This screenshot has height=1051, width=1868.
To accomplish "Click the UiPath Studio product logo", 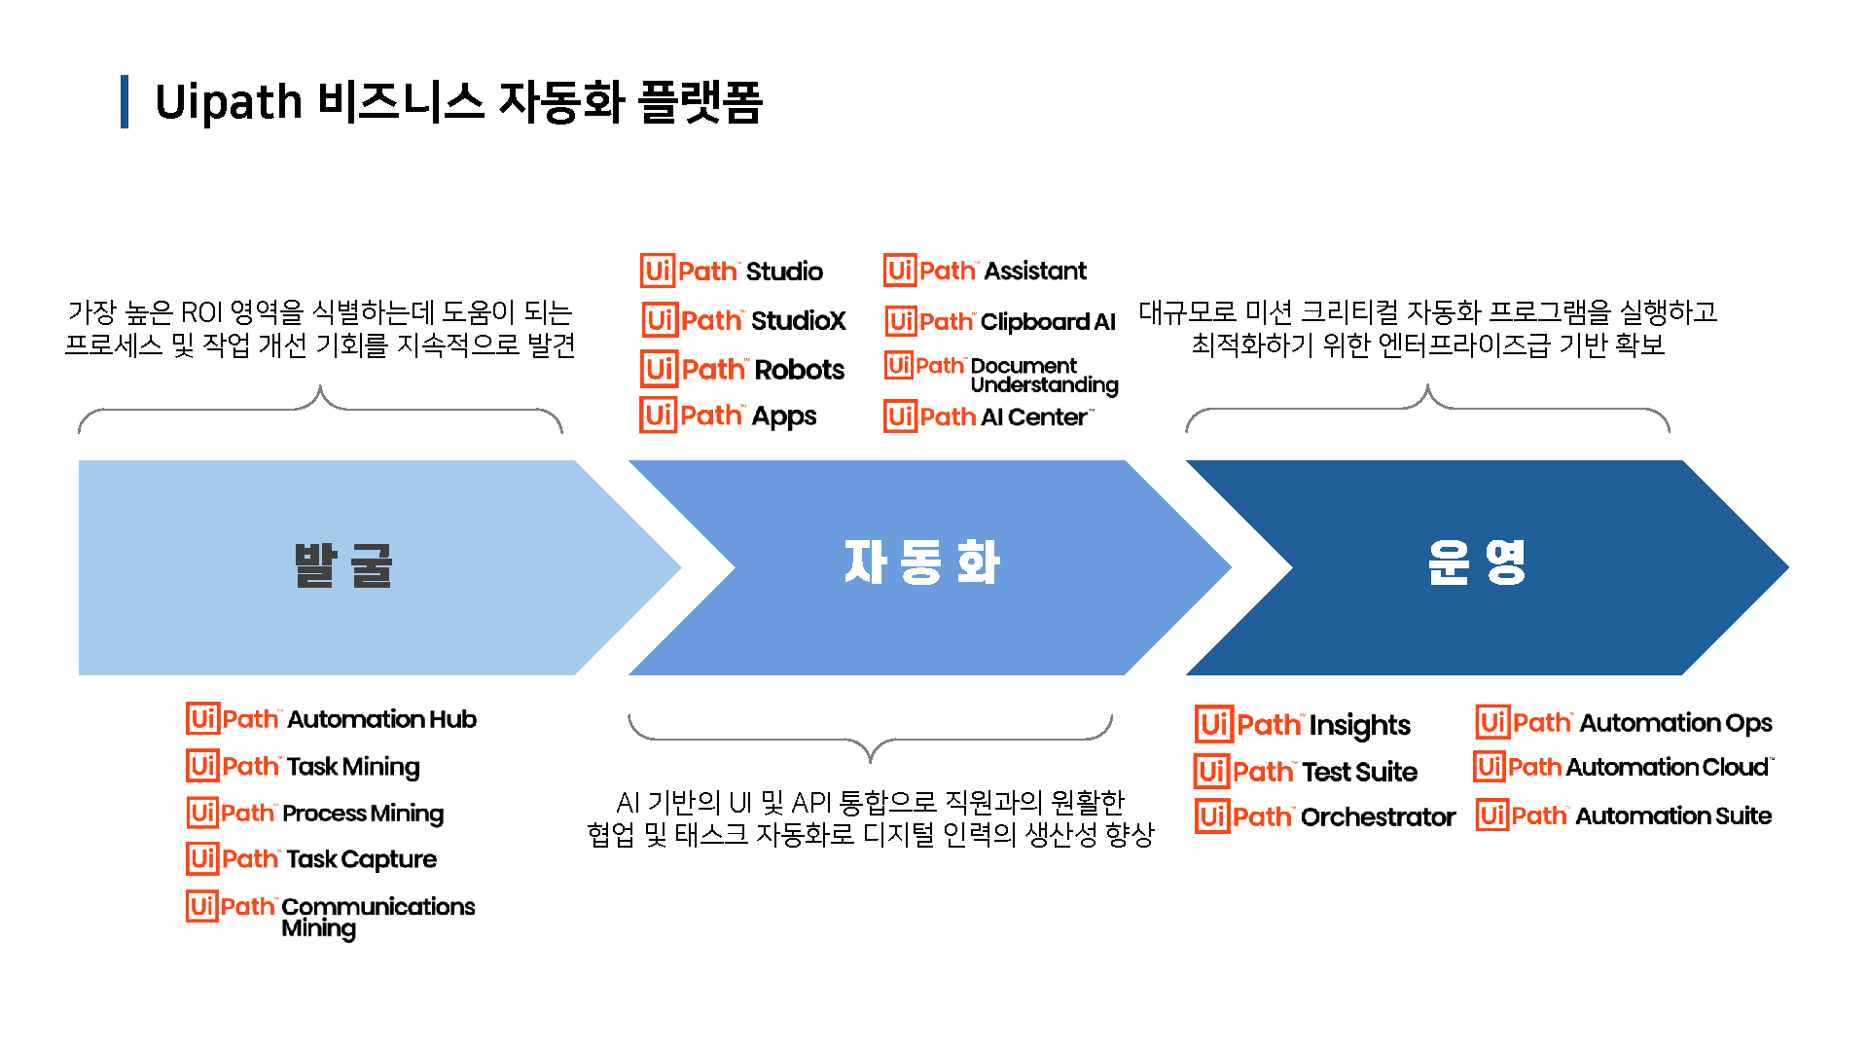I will (732, 271).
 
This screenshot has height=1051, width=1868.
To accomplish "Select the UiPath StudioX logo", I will (744, 320).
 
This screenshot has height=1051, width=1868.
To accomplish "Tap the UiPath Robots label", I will (742, 370).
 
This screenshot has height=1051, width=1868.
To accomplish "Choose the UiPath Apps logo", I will (728, 416).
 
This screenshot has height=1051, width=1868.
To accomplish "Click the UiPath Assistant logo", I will (985, 271).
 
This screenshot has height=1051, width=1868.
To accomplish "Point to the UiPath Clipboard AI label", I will (1000, 321).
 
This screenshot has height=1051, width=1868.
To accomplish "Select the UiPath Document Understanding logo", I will (1001, 375).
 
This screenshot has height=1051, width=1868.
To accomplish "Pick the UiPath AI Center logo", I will (988, 417).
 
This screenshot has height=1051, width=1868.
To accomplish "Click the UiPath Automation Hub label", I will (331, 719).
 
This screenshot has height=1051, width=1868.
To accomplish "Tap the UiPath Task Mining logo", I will (303, 767).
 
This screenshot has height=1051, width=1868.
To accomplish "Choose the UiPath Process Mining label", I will (315, 813).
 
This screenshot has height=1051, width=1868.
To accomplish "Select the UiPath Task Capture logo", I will (311, 859).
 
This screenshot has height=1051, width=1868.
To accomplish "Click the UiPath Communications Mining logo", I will (331, 915).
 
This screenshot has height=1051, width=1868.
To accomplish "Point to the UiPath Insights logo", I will (1303, 725).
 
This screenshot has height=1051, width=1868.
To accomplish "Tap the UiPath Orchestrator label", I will (1325, 817).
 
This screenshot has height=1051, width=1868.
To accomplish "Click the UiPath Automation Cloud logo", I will (1623, 767).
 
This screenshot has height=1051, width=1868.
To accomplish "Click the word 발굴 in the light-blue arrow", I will (343, 565).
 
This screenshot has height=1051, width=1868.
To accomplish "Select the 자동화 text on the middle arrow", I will (921, 562).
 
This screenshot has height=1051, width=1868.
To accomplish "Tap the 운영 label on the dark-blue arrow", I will (1476, 562).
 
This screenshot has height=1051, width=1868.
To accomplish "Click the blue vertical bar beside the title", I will (125, 102).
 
